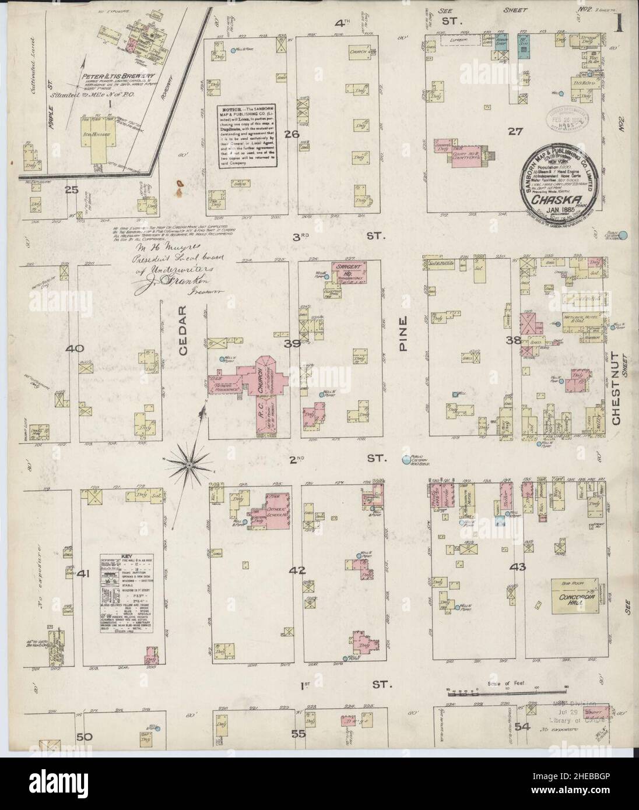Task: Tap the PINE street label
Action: coord(406,337)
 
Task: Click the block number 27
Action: coord(514,132)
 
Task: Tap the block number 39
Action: coord(292,344)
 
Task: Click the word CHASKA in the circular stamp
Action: coord(557,198)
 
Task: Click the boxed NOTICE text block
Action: coord(247,136)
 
